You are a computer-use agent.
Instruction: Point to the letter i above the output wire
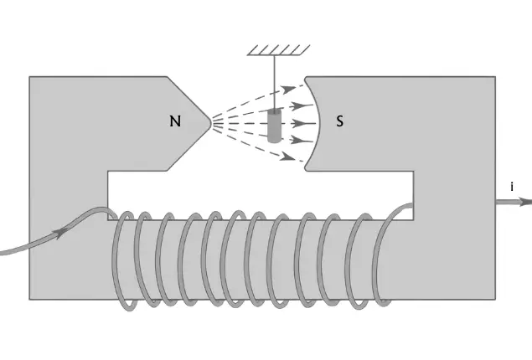pos(511,187)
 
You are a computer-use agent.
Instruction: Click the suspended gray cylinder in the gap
pos(274,127)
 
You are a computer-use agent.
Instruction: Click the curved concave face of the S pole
pos(318,123)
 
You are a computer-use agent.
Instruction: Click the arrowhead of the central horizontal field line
pos(300,123)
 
